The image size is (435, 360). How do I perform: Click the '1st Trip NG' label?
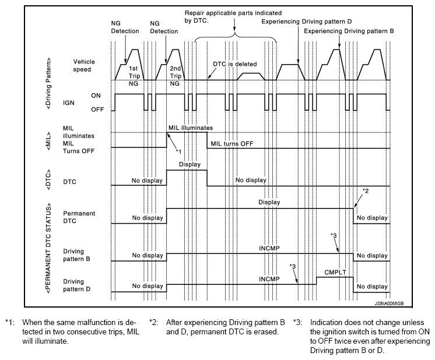click(134, 76)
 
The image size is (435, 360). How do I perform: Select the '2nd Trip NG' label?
click(176, 76)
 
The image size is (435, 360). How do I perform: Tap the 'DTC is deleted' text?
click(234, 64)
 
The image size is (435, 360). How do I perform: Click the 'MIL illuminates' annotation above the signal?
click(191, 128)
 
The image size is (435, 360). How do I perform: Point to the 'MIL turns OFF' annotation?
click(232, 143)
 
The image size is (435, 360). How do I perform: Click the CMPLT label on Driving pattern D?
click(335, 273)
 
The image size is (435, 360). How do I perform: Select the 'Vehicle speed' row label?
click(84, 66)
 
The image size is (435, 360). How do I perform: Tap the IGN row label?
click(69, 103)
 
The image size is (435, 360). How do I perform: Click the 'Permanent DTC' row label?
click(79, 217)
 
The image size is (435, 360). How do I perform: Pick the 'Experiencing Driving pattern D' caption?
click(307, 22)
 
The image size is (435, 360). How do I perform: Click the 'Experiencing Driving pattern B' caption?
click(349, 31)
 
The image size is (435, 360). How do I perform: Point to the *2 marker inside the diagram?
click(366, 191)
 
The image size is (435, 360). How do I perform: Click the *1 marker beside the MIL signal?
click(178, 151)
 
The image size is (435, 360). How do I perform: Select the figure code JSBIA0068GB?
click(389, 303)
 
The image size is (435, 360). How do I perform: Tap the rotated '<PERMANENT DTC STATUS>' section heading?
click(49, 248)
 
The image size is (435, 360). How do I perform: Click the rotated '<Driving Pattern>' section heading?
click(49, 84)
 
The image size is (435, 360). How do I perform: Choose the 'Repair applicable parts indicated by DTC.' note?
click(233, 17)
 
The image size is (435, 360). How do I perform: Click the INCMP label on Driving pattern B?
click(269, 248)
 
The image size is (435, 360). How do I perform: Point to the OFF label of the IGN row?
click(97, 110)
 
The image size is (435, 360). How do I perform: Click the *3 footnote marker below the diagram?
click(297, 323)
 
